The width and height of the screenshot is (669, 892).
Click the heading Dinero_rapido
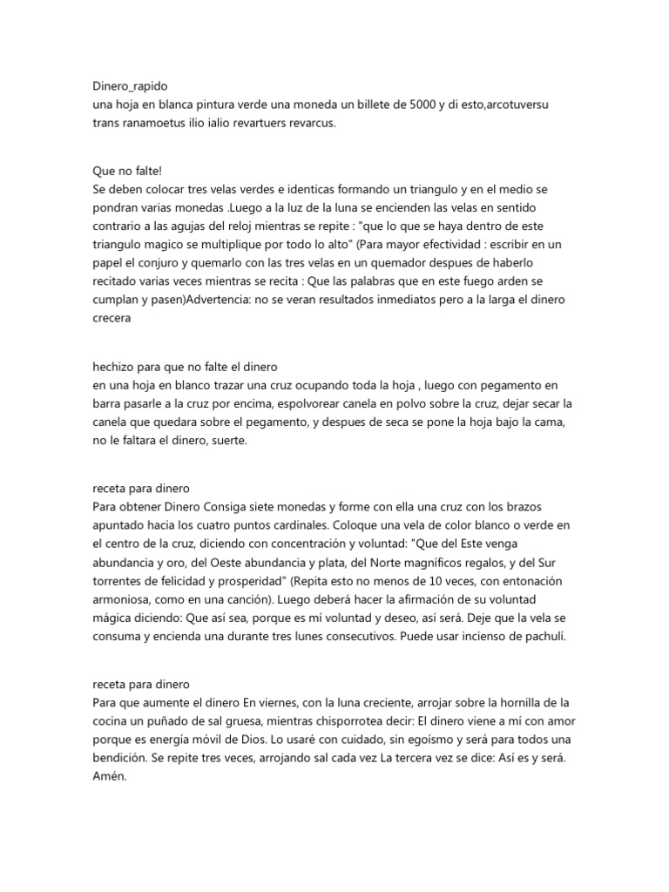point(131,86)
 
